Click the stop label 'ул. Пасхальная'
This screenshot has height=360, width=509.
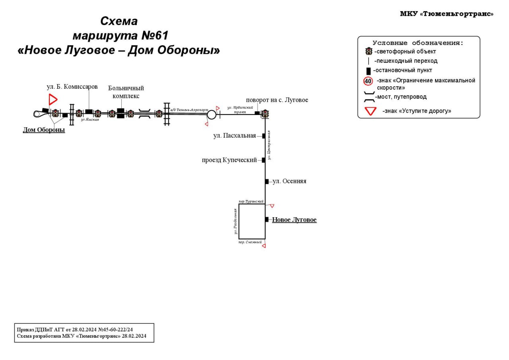(235, 136)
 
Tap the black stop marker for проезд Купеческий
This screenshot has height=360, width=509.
(264, 160)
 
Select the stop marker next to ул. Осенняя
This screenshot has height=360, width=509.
(267, 181)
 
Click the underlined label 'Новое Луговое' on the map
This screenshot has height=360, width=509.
(294, 220)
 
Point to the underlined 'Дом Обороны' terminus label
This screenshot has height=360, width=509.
(44, 130)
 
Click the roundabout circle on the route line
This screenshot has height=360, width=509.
(212, 115)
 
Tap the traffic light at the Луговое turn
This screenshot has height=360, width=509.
(265, 114)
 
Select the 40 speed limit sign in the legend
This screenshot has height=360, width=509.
(368, 81)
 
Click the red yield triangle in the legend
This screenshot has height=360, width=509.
(371, 111)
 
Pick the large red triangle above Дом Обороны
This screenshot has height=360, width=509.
(52, 99)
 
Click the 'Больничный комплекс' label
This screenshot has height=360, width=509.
(126, 92)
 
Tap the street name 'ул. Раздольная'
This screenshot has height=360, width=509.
(235, 221)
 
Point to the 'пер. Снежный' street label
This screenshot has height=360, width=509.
(250, 242)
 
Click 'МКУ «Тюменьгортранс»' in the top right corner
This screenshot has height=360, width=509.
(447, 14)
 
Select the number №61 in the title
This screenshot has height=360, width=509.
(155, 36)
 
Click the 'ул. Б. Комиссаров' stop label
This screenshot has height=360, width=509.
(72, 87)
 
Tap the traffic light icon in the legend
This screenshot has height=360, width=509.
(369, 51)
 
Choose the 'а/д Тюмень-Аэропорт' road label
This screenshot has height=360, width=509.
(189, 109)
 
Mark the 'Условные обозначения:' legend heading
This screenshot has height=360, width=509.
(418, 43)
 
